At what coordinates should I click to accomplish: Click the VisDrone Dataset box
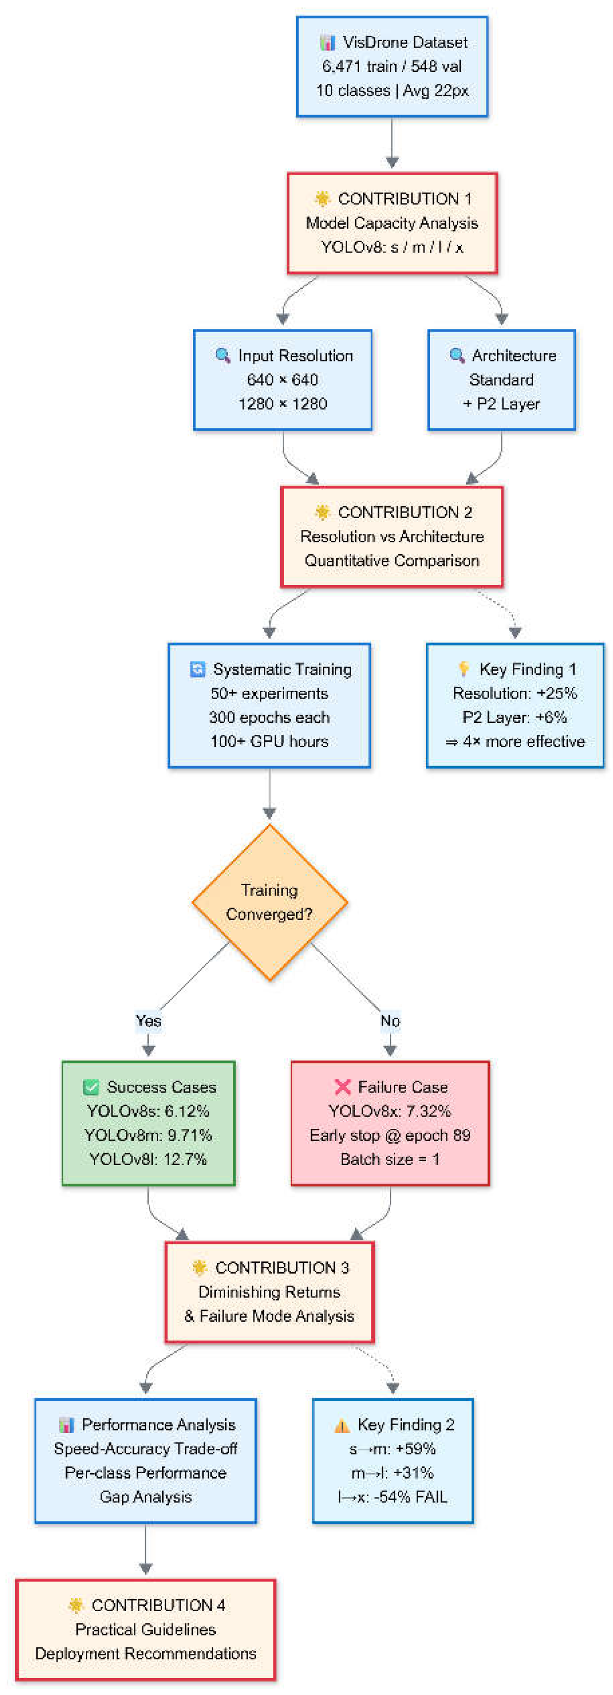(392, 66)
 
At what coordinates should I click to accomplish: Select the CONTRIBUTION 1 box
(392, 223)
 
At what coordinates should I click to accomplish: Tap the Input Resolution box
(283, 380)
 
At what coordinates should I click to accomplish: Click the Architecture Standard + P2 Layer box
(502, 380)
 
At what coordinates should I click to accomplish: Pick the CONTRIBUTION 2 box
(392, 536)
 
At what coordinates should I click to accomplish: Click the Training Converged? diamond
(270, 902)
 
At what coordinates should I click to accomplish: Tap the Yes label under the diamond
(149, 1021)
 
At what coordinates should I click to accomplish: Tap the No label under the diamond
(390, 1021)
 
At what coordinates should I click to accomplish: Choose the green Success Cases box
(149, 1123)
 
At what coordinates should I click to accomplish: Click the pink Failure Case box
(390, 1123)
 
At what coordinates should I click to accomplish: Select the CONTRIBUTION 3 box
(270, 1292)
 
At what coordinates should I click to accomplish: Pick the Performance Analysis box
(145, 1461)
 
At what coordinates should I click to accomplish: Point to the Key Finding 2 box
(393, 1461)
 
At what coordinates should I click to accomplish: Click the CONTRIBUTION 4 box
(145, 1629)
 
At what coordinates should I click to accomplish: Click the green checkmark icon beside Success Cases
(91, 1087)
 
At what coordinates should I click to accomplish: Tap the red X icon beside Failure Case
(342, 1087)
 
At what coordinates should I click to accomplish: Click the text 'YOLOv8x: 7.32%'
(390, 1111)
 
